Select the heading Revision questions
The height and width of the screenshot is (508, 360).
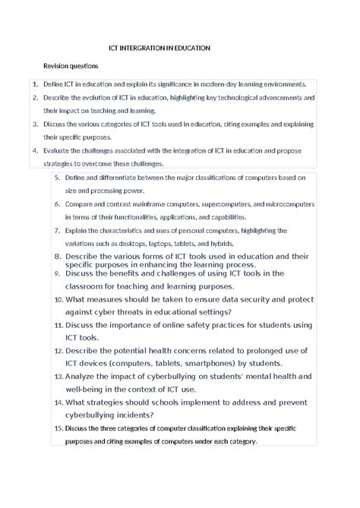71,66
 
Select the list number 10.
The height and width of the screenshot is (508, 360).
58,300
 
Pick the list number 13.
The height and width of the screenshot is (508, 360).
58,376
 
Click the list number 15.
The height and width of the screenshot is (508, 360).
58,428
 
